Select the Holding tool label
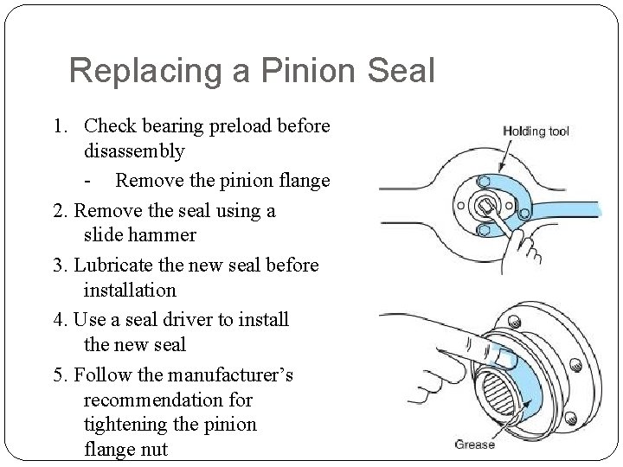coord(536,131)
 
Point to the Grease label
coord(474,444)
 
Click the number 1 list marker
coord(58,126)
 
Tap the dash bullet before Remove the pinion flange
coord(90,181)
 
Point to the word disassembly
coord(134,151)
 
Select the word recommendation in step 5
coord(168,400)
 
